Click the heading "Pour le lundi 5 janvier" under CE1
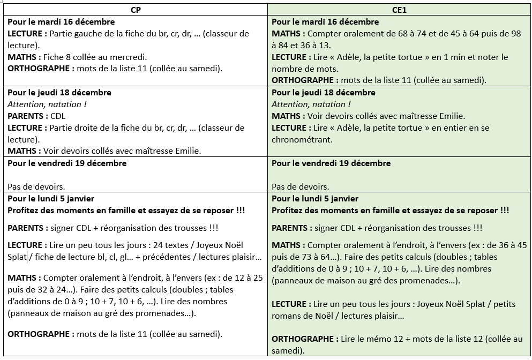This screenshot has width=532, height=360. point(315,199)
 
